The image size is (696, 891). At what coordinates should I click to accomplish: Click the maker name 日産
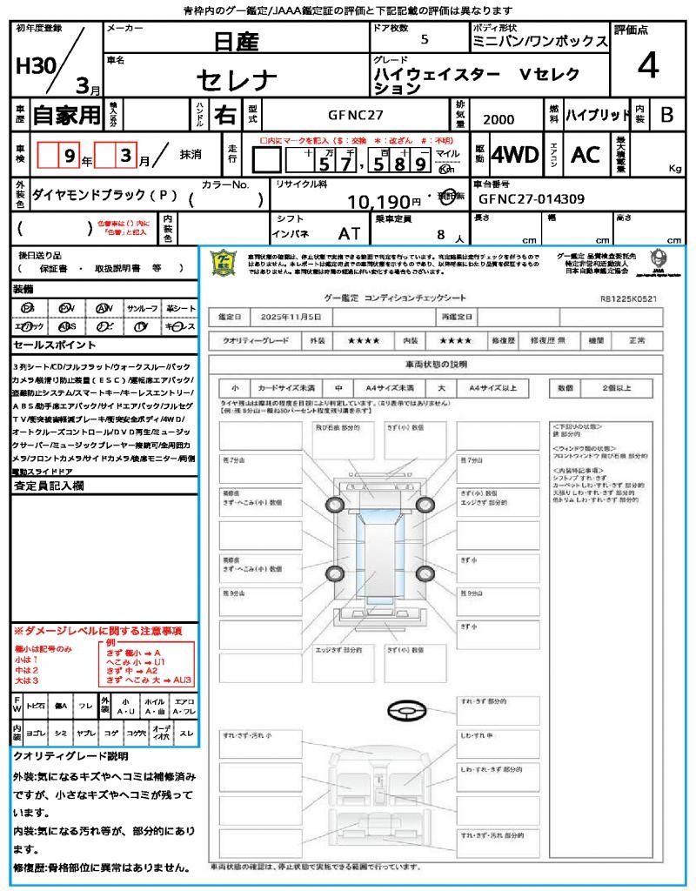click(x=237, y=40)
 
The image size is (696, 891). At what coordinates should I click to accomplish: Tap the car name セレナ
click(x=237, y=80)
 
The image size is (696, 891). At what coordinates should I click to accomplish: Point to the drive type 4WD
click(x=515, y=155)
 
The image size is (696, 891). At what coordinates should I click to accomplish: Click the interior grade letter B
click(x=666, y=115)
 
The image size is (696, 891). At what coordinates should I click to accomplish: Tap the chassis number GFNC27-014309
click(x=532, y=199)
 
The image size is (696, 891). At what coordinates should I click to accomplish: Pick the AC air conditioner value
click(x=586, y=155)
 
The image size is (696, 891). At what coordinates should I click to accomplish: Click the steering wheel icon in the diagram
click(x=405, y=712)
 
